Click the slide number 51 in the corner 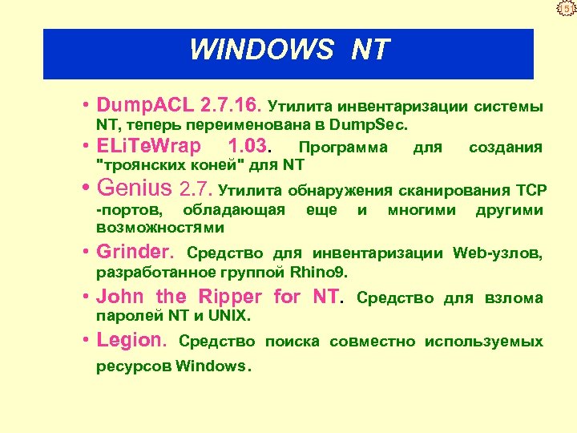pos(567,10)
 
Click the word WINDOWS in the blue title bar pos(260,51)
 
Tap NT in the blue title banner pos(369,51)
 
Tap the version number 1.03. pos(251,148)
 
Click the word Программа pos(342,148)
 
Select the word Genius pos(134,189)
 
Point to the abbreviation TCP pos(531,191)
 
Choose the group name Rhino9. pos(319,273)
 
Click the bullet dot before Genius pos(85,191)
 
